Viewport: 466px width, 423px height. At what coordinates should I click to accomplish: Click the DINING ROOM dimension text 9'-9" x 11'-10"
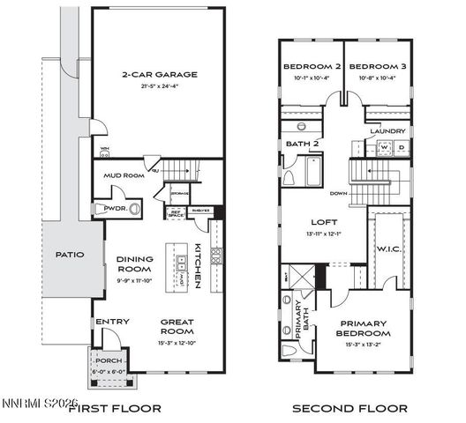[135, 280]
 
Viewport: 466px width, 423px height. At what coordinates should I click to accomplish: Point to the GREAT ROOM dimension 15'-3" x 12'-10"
[177, 342]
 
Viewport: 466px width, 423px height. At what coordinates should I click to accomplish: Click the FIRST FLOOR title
[115, 408]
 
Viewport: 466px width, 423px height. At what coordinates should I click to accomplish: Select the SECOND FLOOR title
[349, 408]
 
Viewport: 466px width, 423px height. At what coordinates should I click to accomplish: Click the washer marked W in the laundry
[385, 147]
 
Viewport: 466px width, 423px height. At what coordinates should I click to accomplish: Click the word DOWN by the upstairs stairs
[338, 192]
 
